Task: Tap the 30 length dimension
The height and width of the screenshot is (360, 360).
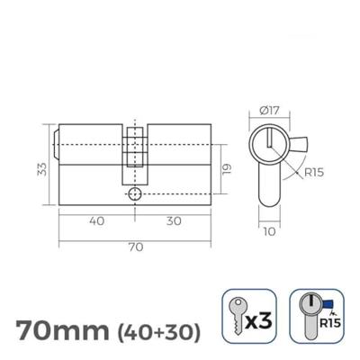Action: (x=172, y=220)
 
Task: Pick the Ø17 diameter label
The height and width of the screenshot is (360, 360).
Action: (x=267, y=110)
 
